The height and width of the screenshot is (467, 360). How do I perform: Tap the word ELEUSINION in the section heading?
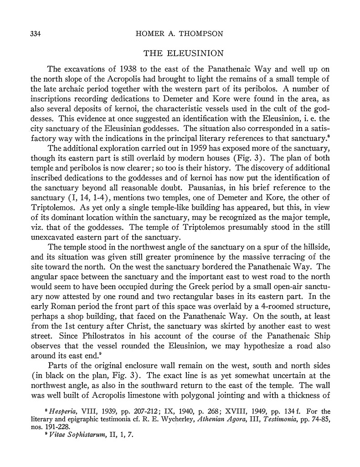tap(198, 54)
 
